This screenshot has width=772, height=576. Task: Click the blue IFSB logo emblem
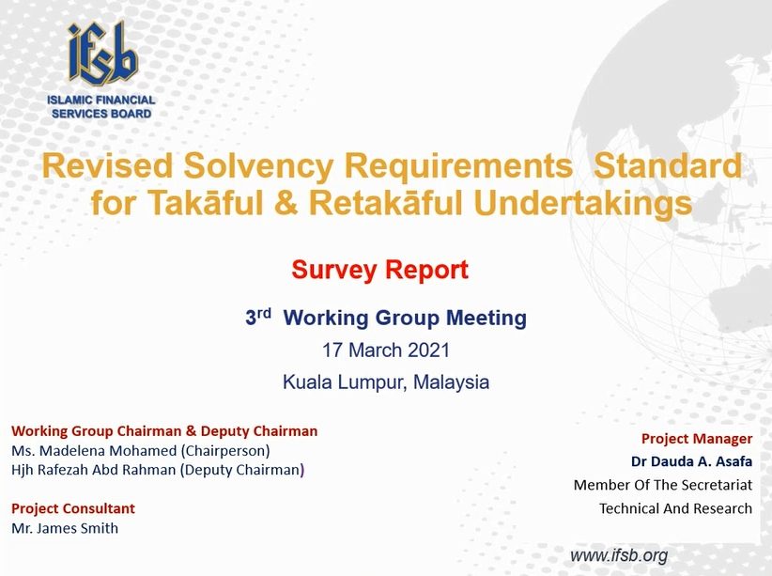coord(102,54)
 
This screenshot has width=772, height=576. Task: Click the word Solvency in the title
coord(258,165)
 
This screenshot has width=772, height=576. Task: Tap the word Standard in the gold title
coord(668,165)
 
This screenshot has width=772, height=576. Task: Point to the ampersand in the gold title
coord(286,203)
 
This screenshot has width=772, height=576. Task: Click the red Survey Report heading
coord(379,270)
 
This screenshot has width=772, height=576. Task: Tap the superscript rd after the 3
coord(265,313)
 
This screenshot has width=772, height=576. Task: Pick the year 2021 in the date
coord(429,350)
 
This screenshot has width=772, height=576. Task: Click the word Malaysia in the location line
coord(451,382)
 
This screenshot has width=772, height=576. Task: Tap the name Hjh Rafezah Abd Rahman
coord(94,470)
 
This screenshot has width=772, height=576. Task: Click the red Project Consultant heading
coord(73,508)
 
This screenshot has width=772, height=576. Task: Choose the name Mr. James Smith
coord(65,528)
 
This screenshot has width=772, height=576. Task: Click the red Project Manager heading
coord(697,439)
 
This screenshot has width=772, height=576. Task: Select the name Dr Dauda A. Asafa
coord(692,461)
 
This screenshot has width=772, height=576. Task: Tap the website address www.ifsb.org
coord(619,555)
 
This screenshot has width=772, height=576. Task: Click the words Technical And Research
coord(675,508)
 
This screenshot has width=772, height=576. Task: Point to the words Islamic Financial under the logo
coord(101,100)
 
